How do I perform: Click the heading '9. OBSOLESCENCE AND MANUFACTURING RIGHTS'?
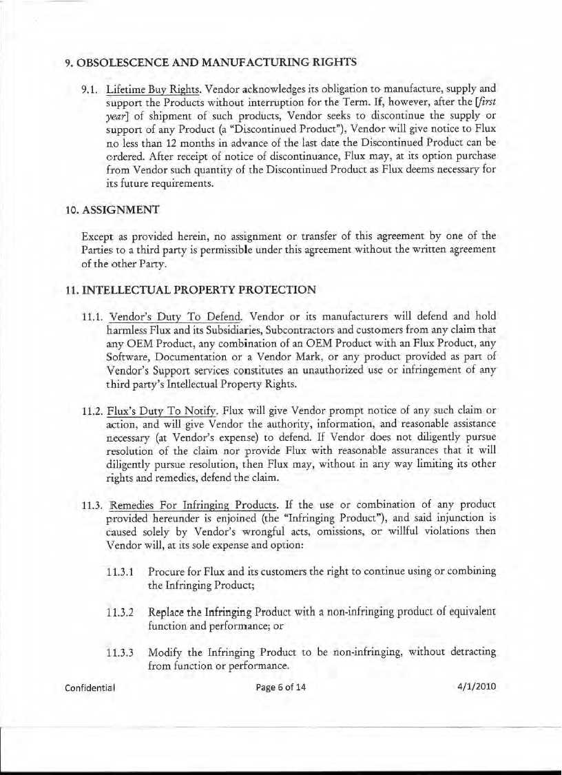(210, 62)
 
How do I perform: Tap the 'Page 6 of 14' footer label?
(279, 687)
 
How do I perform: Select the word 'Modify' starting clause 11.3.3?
(164, 652)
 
